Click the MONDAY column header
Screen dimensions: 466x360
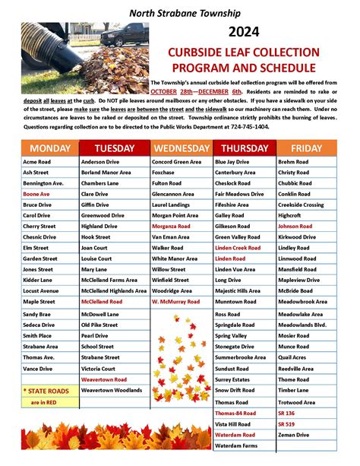coord(50,148)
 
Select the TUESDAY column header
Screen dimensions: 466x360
coord(115,148)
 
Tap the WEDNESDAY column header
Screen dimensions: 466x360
coord(181,148)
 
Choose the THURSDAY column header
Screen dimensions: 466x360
coord(245,148)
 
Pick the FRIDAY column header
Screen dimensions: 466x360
coord(305,148)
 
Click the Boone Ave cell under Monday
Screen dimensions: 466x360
coord(36,194)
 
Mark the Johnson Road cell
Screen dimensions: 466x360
coord(295,227)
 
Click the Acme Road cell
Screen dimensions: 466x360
coord(36,162)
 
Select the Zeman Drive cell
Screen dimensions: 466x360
coord(294,434)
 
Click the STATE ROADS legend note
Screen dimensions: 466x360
coord(49,390)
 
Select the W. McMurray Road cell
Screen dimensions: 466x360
coord(175,302)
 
